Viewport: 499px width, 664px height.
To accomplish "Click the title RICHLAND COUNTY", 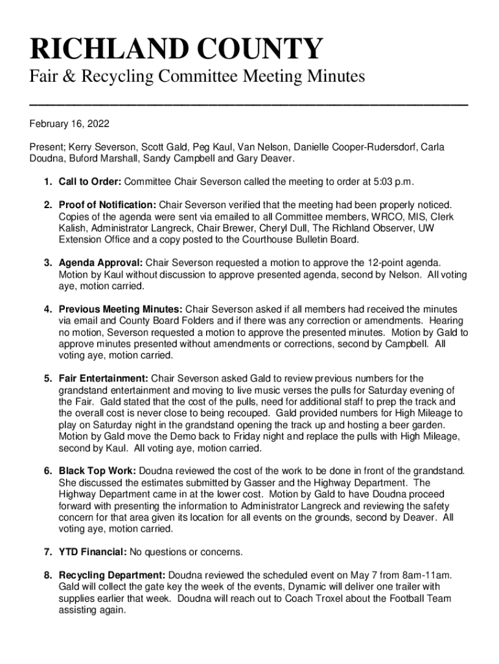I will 176,50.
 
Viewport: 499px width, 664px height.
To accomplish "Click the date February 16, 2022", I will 68,124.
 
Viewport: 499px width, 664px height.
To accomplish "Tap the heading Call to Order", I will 89,181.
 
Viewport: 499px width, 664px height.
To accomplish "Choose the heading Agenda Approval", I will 100,263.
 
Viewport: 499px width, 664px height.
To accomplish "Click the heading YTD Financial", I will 93,552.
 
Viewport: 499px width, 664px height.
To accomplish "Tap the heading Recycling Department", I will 112,575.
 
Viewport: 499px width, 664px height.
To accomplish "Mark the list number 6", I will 48,471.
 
